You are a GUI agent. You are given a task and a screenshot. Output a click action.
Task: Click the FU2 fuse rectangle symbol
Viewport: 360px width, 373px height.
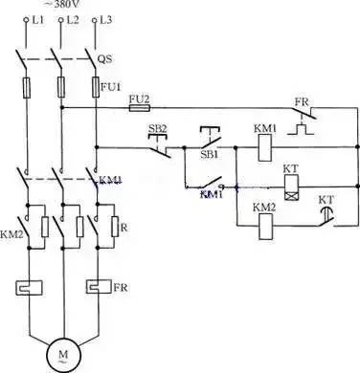(x=137, y=109)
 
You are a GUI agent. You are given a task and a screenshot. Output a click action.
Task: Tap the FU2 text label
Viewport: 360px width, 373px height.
(x=139, y=98)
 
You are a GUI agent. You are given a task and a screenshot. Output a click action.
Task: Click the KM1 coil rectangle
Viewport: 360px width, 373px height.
(x=264, y=149)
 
